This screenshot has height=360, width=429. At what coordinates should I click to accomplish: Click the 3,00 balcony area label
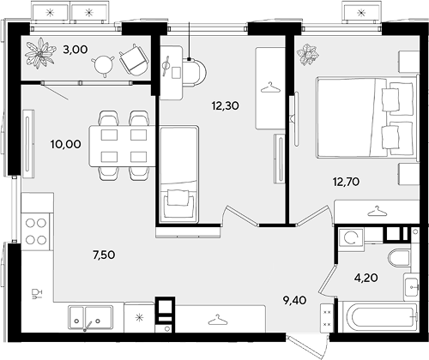point(76,50)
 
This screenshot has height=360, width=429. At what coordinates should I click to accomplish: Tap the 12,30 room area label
point(226,105)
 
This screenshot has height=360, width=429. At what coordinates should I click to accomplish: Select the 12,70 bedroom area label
point(346,182)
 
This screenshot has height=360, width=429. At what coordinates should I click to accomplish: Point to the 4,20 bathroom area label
point(366,278)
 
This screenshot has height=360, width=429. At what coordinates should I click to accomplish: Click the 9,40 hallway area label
point(295,300)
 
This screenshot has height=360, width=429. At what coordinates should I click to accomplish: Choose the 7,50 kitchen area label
point(104,255)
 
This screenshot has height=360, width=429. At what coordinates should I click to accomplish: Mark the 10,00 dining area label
point(66,144)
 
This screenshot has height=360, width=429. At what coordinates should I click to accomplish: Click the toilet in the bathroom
point(399,258)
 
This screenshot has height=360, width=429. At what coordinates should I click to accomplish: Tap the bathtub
point(382,317)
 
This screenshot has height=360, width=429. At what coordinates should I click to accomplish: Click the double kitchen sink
point(90,318)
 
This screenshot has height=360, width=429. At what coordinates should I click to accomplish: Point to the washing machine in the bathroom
point(351,237)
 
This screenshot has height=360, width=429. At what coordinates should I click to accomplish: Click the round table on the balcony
point(103,66)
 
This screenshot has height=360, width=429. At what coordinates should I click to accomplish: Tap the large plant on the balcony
point(39,53)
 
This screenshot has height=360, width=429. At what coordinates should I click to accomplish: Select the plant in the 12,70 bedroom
point(308,54)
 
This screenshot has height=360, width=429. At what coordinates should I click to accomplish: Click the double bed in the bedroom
point(366,117)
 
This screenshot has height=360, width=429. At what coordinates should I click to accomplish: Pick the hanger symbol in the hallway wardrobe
point(218,320)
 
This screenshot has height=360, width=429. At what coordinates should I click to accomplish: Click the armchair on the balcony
point(134,60)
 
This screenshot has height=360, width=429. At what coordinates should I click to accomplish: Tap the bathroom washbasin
point(411,286)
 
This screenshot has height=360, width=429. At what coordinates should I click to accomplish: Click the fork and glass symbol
point(37,294)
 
